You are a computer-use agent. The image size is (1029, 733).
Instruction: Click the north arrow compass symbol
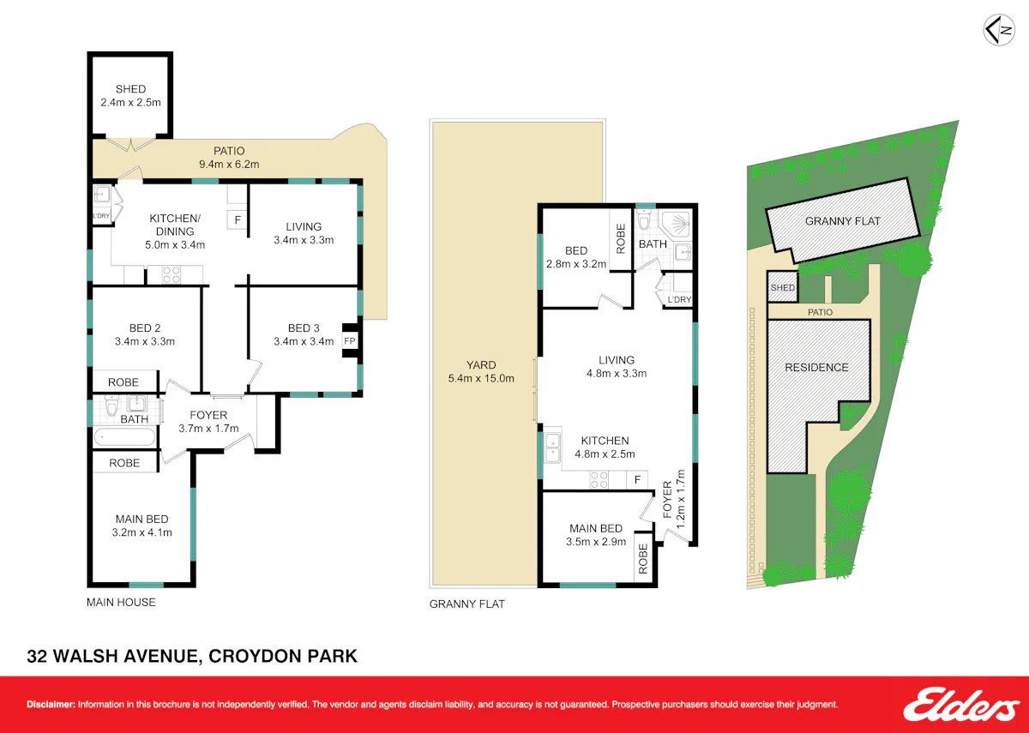(x=999, y=30)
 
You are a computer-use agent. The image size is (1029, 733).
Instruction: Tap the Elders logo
(x=961, y=704)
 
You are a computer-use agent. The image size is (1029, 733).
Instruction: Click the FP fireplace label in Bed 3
(x=350, y=341)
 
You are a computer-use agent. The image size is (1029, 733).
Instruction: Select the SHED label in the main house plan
(x=131, y=89)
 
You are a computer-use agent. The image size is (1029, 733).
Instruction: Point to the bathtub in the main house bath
(x=125, y=436)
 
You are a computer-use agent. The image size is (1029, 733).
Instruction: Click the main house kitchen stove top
(x=171, y=274)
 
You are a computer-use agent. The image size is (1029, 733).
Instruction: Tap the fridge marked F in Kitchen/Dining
(x=238, y=220)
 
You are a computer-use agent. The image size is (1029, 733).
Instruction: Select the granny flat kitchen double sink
(x=552, y=448)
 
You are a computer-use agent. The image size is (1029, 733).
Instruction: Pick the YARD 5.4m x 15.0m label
(x=481, y=371)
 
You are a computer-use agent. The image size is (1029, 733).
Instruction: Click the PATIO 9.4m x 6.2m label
(x=229, y=158)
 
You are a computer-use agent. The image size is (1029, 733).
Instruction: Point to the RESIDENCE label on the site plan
(x=816, y=368)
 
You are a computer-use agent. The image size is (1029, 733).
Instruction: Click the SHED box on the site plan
(x=782, y=287)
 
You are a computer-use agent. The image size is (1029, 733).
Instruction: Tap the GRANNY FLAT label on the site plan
(x=843, y=221)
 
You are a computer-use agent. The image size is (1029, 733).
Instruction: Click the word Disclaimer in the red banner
(x=51, y=705)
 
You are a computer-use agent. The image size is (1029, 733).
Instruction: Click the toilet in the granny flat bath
(x=644, y=220)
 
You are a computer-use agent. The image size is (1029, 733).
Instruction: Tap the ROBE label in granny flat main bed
(x=643, y=559)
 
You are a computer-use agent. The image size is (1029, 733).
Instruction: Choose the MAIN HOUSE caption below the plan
(x=121, y=602)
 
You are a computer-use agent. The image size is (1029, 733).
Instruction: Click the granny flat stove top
(x=599, y=480)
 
